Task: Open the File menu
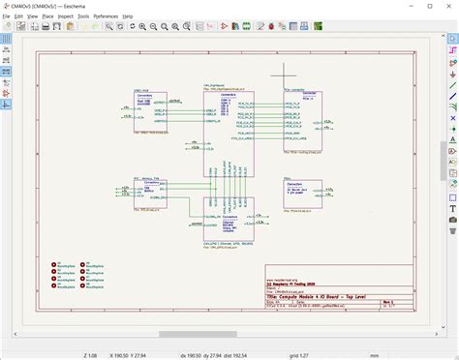7,16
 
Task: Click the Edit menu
19,16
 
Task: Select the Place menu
47,16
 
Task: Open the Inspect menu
65,16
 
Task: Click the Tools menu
83,16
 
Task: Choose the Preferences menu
106,16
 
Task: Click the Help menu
128,16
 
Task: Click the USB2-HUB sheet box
151,110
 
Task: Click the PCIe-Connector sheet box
302,121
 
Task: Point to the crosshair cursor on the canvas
284,72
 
